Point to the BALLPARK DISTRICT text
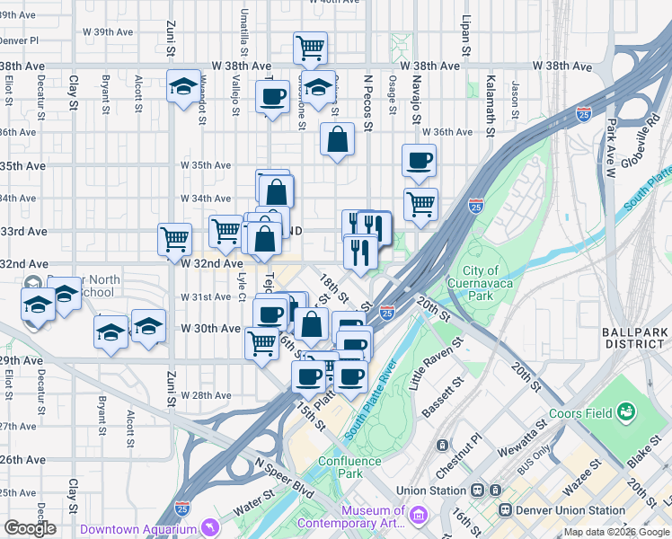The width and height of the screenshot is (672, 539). tap(636, 339)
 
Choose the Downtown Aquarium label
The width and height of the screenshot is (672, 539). tap(137, 528)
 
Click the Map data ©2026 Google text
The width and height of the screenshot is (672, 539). tap(615, 532)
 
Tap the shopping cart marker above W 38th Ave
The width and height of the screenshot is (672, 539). tap(310, 47)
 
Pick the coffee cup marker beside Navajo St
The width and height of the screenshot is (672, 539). tap(419, 161)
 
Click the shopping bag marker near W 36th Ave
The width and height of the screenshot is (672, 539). tap(337, 139)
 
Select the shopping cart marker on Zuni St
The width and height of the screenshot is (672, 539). tap(174, 239)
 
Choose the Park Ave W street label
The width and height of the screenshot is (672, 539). tap(612, 142)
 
